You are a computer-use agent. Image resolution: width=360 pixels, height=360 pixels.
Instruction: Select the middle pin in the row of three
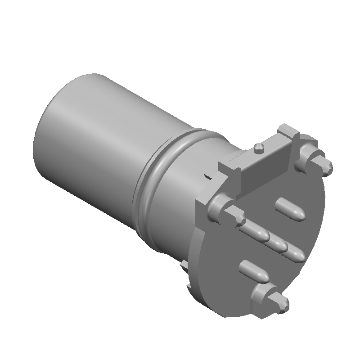click(276, 243)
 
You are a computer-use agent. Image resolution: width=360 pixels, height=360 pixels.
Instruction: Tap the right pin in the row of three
click(295, 253)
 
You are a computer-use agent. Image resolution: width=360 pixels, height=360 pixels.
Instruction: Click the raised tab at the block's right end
click(288, 132)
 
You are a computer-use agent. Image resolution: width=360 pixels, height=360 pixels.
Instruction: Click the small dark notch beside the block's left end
click(208, 177)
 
